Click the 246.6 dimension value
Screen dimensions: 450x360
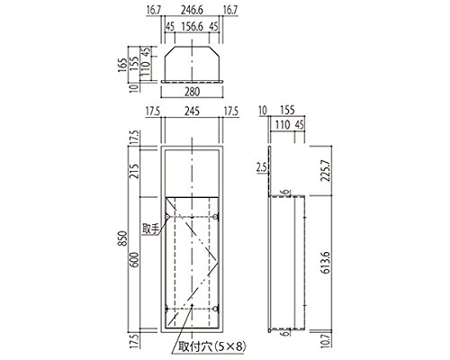(x=192, y=10)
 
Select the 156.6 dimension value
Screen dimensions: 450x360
(x=192, y=26)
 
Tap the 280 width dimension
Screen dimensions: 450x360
(x=192, y=92)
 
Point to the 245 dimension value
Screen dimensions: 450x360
(x=192, y=111)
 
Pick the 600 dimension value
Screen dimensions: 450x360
(x=135, y=260)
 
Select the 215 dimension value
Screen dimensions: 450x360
(x=135, y=171)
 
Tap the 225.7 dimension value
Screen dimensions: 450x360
(x=325, y=170)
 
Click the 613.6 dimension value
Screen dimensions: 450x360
(x=325, y=263)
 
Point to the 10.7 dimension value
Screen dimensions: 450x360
(x=325, y=341)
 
